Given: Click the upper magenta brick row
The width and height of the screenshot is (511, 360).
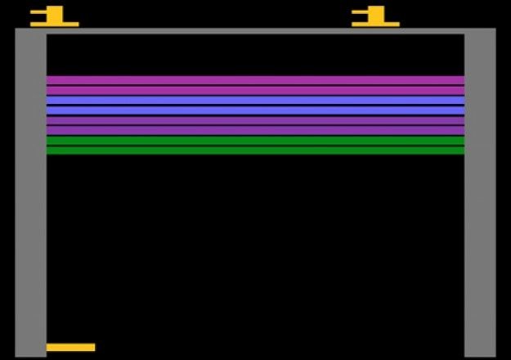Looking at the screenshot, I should tap(255, 80).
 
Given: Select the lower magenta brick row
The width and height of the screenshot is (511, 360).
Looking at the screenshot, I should tap(255, 90).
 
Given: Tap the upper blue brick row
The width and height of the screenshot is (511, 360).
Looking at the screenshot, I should tap(255, 100).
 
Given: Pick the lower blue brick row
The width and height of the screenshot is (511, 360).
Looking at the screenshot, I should tap(255, 110).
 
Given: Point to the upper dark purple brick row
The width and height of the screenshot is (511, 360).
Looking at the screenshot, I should tap(255, 119).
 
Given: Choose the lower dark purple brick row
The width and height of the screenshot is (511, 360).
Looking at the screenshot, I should tap(255, 129).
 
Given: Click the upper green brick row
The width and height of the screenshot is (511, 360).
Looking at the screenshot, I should tap(255, 140).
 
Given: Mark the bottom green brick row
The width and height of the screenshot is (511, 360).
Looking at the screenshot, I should tap(255, 150).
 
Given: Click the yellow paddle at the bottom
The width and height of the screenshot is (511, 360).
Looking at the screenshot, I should tap(70, 347).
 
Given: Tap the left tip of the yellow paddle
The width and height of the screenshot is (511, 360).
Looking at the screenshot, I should tap(48, 347).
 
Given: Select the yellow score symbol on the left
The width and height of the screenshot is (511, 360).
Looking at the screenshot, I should tap(54, 16).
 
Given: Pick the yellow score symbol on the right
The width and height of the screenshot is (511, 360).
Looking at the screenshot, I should tap(375, 16).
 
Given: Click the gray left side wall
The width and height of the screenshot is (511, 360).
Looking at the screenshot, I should tap(30, 196).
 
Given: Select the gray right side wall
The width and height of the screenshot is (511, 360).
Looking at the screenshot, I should tap(480, 196).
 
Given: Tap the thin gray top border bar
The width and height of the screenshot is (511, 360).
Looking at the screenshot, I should tap(255, 31).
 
